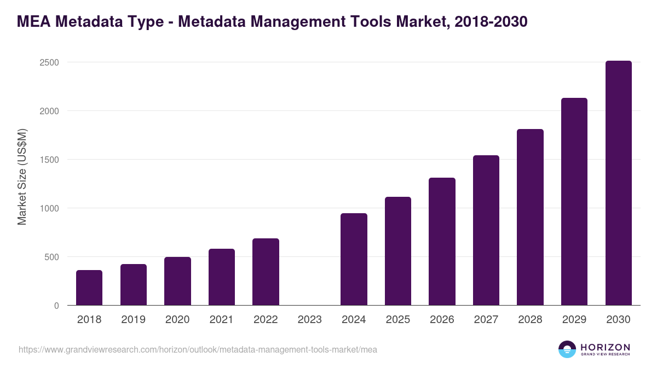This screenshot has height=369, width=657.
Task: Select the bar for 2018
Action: pos(89,288)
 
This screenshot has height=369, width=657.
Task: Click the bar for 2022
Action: pos(266,272)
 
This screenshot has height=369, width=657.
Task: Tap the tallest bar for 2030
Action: pos(618,183)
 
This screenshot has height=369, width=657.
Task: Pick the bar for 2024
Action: pos(354,259)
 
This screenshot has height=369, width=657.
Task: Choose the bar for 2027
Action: pos(486,230)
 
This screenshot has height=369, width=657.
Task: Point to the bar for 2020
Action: pos(177,281)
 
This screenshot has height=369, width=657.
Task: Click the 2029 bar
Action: pos(574,202)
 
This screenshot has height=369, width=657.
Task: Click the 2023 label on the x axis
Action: pos(310,320)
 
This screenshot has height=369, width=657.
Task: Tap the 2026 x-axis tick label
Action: pos(442,320)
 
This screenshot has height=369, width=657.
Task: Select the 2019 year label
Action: pos(133,320)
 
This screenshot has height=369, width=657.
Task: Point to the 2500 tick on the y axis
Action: pos(49,62)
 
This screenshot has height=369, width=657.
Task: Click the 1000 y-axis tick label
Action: pos(49,208)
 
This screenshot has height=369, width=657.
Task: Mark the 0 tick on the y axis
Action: pos(56,306)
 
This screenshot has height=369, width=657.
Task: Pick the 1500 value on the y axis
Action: pos(49,160)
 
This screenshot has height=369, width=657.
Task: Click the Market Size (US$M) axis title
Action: pos(22,177)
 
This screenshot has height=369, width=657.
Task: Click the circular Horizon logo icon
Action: pos(567,349)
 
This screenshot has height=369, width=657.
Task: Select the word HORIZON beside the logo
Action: pos(605,347)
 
